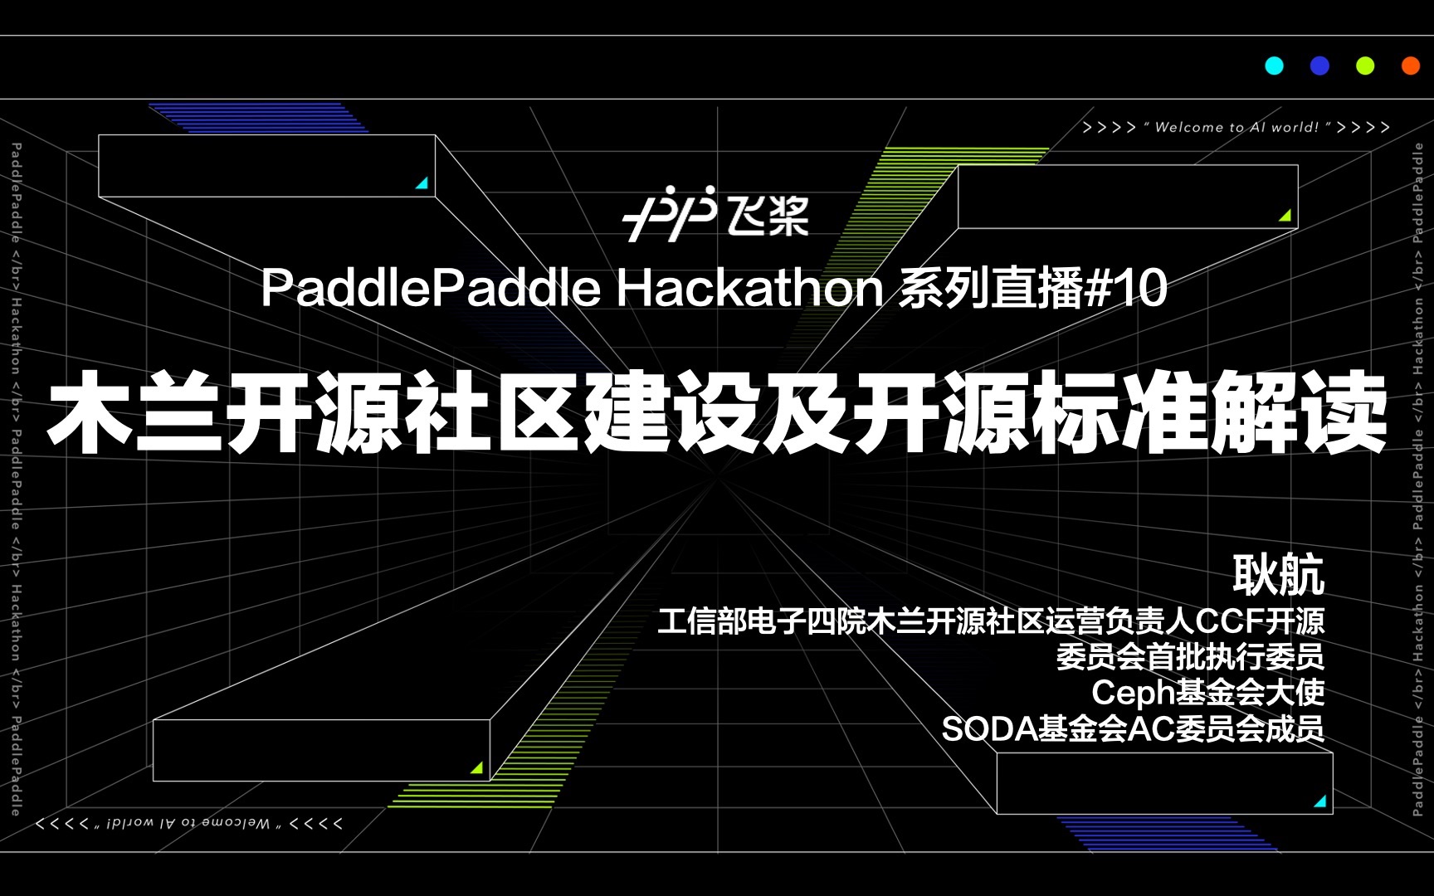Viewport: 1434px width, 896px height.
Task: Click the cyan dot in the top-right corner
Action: coord(1274,66)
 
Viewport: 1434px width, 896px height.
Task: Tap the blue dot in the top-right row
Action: coord(1319,66)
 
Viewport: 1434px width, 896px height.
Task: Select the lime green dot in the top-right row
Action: coord(1365,66)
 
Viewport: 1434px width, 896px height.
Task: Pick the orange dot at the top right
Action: coord(1410,66)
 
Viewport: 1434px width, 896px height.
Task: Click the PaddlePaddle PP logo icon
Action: coord(669,213)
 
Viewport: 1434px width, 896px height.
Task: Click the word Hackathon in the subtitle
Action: coord(749,289)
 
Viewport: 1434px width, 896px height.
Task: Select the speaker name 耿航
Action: coord(1278,574)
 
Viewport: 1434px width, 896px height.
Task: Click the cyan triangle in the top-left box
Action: coord(422,183)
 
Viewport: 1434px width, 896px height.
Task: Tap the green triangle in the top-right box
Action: coord(1285,216)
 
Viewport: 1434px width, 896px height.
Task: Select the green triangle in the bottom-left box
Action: coord(477,768)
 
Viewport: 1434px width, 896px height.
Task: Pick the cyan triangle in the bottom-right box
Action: coord(1320,801)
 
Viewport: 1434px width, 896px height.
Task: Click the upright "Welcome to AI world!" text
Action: coord(1236,127)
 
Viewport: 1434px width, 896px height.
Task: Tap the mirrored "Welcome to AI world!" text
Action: coord(188,823)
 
